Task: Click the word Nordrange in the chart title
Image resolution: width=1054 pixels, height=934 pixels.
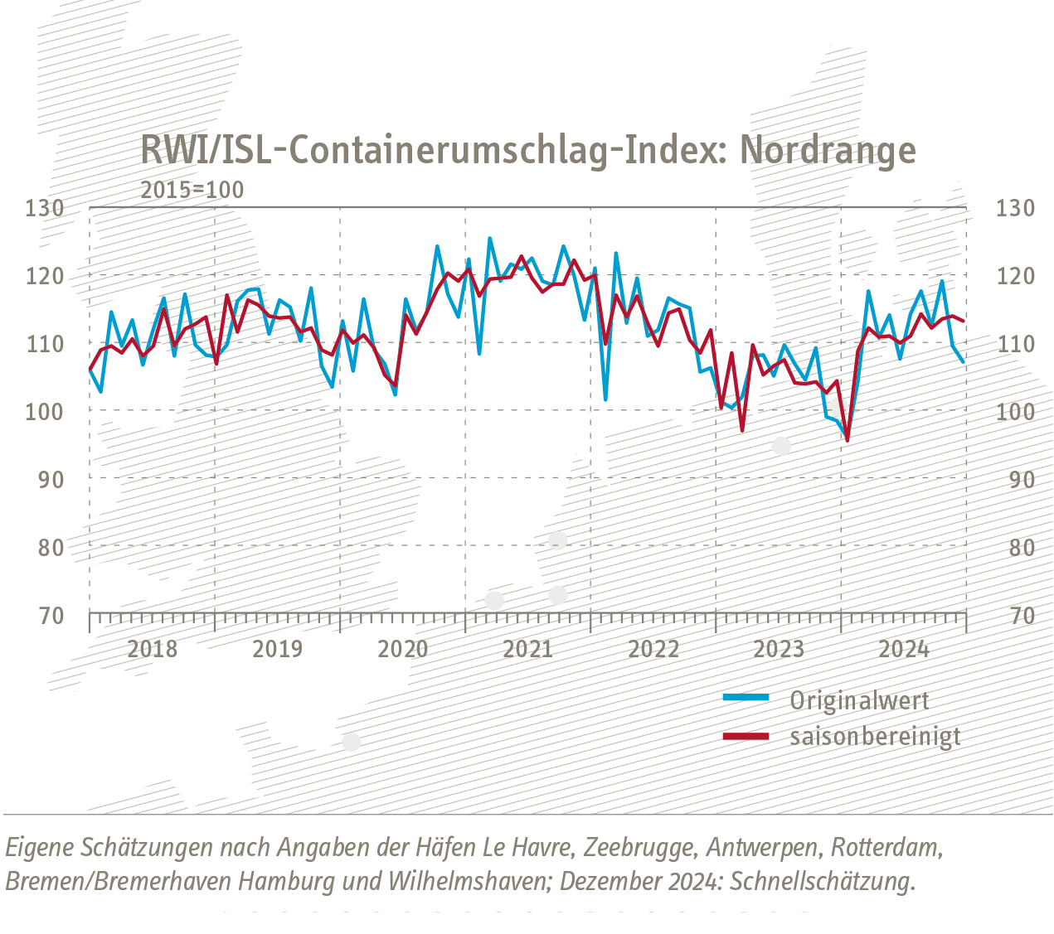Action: click(828, 151)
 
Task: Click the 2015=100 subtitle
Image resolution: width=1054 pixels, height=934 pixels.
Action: click(192, 190)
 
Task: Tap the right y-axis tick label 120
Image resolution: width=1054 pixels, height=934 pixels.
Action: click(1015, 276)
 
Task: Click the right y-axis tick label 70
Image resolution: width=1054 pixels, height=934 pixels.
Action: click(1015, 616)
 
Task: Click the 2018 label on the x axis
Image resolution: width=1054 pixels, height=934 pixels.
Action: click(153, 649)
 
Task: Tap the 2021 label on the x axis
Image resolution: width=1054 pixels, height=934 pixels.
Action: click(528, 649)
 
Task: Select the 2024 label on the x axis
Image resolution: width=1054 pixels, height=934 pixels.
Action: click(904, 649)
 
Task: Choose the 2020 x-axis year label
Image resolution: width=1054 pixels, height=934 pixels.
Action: click(403, 649)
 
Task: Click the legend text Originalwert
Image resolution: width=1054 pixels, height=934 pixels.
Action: click(859, 701)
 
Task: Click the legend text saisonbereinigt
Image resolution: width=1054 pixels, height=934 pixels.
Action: click(875, 737)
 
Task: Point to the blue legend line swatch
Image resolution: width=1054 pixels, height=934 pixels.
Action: click(746, 698)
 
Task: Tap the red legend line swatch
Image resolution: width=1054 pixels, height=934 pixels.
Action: click(746, 735)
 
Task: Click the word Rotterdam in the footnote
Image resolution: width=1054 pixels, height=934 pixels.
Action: click(887, 849)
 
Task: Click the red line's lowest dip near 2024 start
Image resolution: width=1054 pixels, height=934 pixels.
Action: click(847, 440)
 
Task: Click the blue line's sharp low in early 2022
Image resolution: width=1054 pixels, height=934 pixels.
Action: click(605, 399)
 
